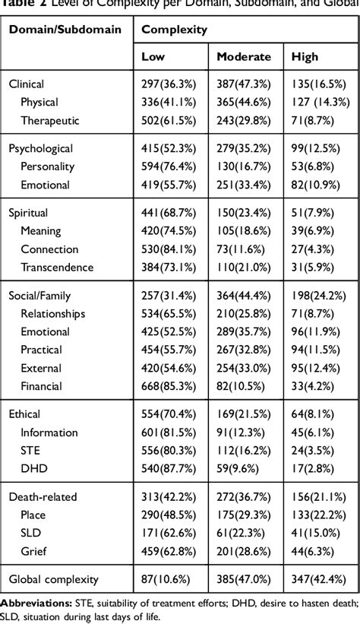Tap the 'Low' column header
click(x=154, y=57)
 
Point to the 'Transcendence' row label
click(x=58, y=267)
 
